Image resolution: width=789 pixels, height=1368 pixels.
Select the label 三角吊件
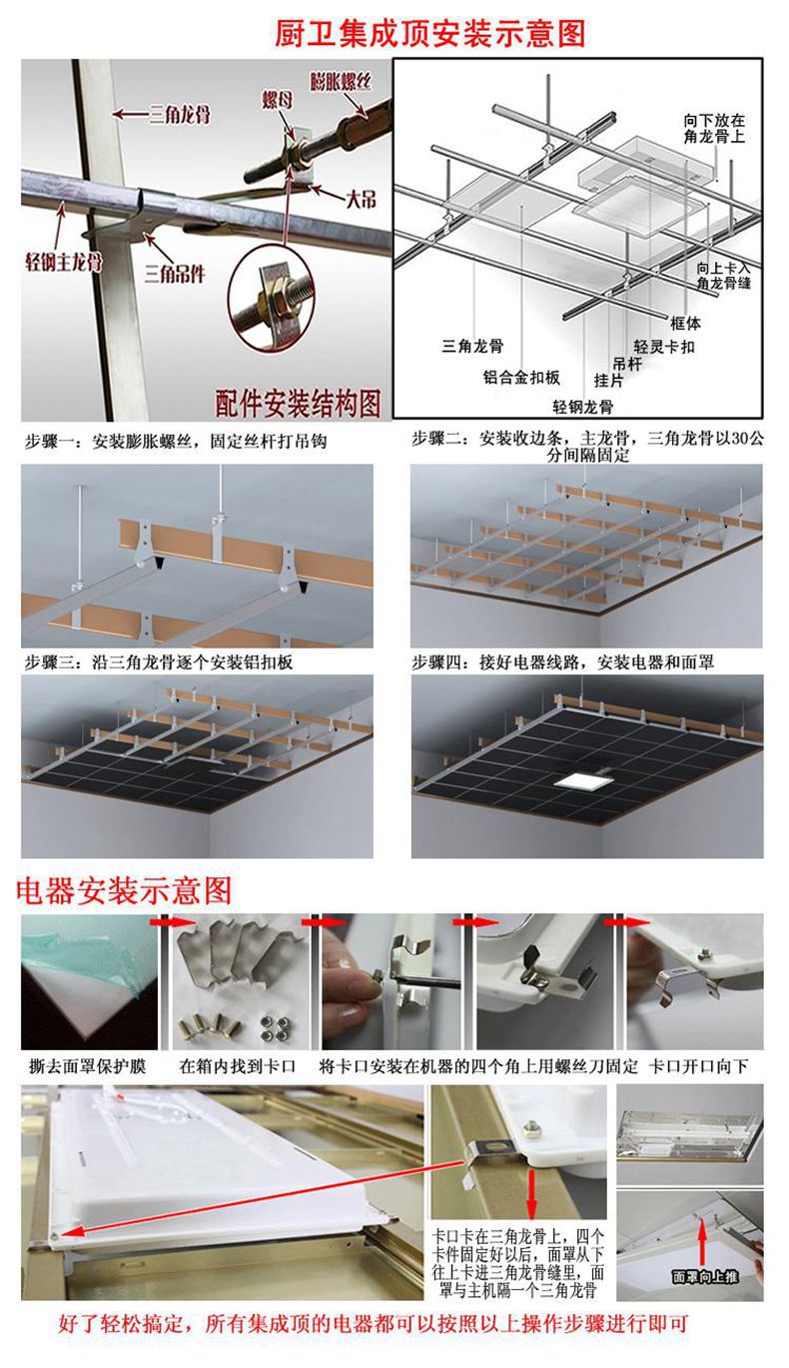pyautogui.click(x=176, y=269)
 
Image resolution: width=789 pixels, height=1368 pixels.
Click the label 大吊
pyautogui.click(x=361, y=198)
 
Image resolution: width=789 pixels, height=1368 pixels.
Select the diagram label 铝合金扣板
pyautogui.click(x=521, y=377)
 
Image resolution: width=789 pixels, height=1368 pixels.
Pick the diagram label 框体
pyautogui.click(x=685, y=323)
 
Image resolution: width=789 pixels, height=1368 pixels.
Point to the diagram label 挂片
pyautogui.click(x=609, y=380)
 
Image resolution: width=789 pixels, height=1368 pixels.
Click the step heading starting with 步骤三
pyautogui.click(x=159, y=662)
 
